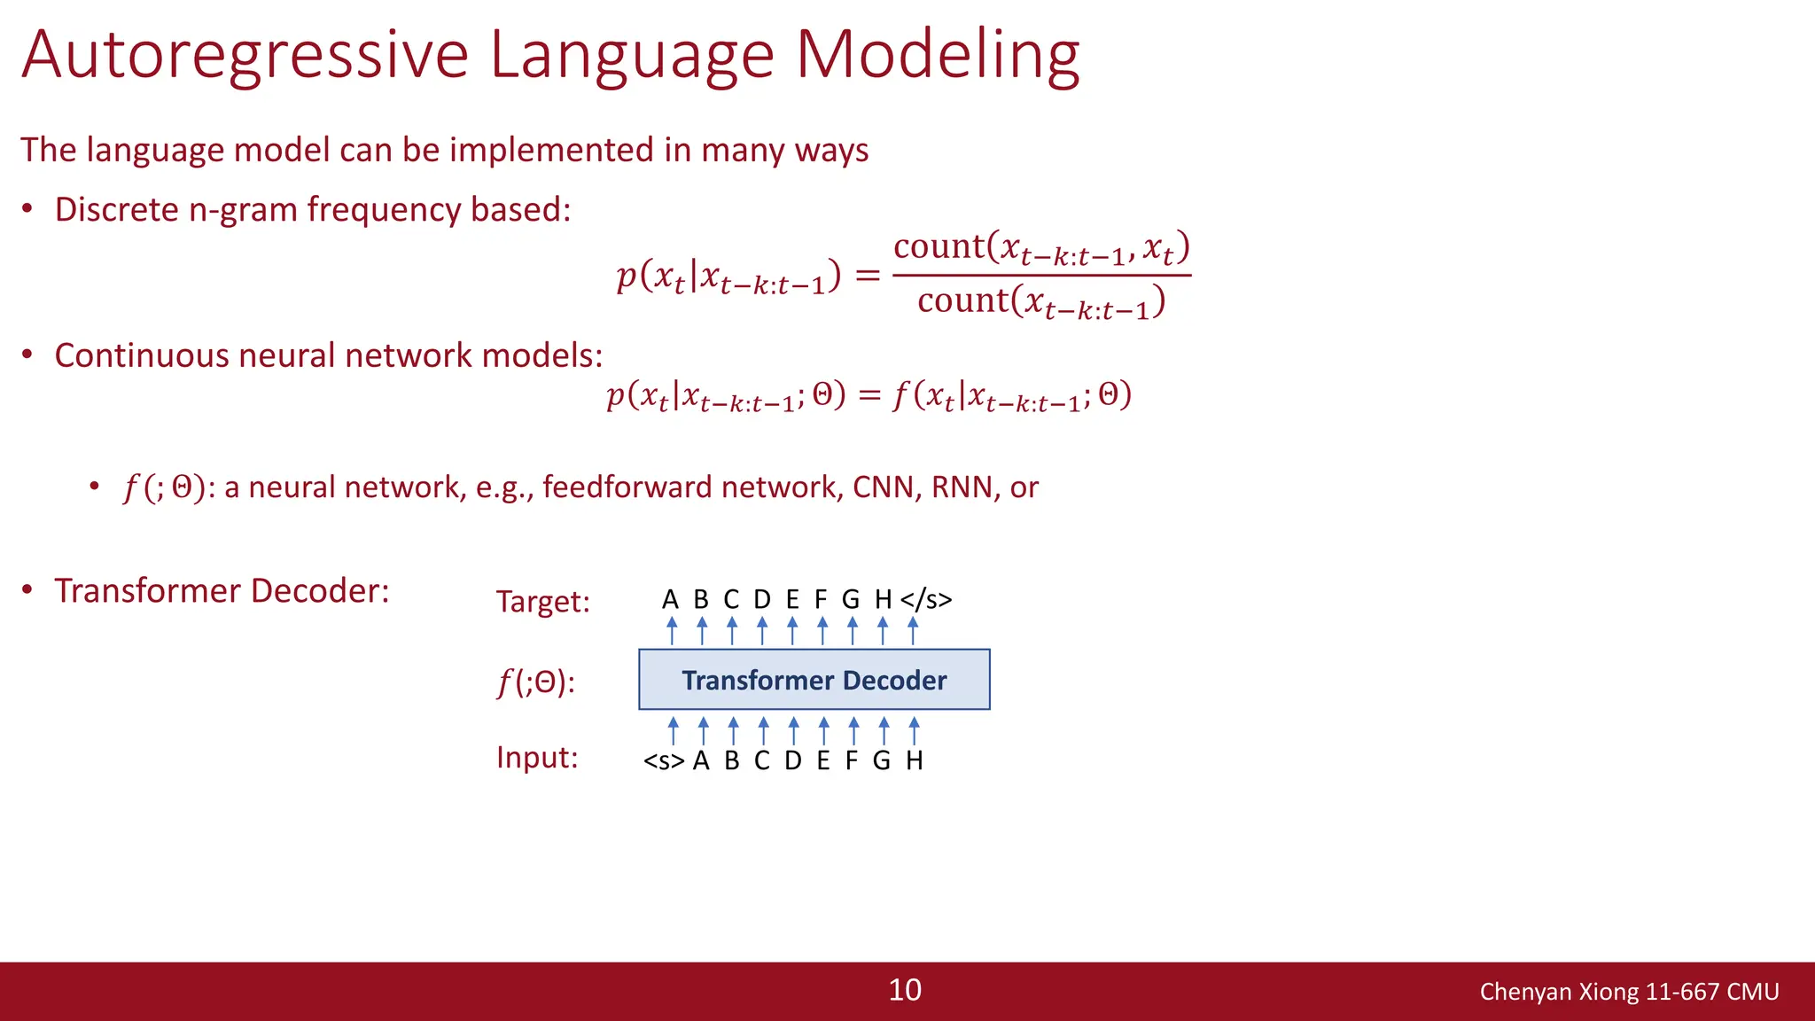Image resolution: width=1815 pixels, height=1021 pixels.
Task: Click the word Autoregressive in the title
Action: click(x=245, y=55)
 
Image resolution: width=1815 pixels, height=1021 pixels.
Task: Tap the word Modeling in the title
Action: click(x=937, y=55)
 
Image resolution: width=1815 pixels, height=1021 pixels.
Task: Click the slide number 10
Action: click(x=905, y=990)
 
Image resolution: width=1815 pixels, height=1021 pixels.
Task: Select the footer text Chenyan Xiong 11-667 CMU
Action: click(x=1629, y=992)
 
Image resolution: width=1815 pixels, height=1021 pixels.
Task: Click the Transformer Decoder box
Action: click(x=814, y=680)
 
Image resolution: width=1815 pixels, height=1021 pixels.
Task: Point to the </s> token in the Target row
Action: click(x=925, y=600)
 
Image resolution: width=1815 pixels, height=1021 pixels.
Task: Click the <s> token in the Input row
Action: click(x=664, y=761)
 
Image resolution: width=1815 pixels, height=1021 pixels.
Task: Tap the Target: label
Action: click(x=542, y=602)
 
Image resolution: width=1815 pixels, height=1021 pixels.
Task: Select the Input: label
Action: click(x=537, y=758)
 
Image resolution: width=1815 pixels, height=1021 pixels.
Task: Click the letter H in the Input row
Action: click(x=915, y=760)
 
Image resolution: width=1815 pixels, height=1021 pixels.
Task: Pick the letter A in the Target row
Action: click(x=670, y=600)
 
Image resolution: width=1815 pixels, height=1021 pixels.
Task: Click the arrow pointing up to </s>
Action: click(x=913, y=631)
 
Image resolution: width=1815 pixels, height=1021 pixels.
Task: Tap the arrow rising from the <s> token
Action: click(x=674, y=730)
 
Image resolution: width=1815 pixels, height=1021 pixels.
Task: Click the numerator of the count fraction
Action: click(x=1040, y=248)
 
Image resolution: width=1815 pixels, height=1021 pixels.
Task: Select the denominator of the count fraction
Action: click(x=1040, y=302)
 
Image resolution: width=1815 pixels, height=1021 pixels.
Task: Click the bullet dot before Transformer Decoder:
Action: click(x=27, y=590)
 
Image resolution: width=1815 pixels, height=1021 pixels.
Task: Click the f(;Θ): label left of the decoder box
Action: click(x=535, y=682)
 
